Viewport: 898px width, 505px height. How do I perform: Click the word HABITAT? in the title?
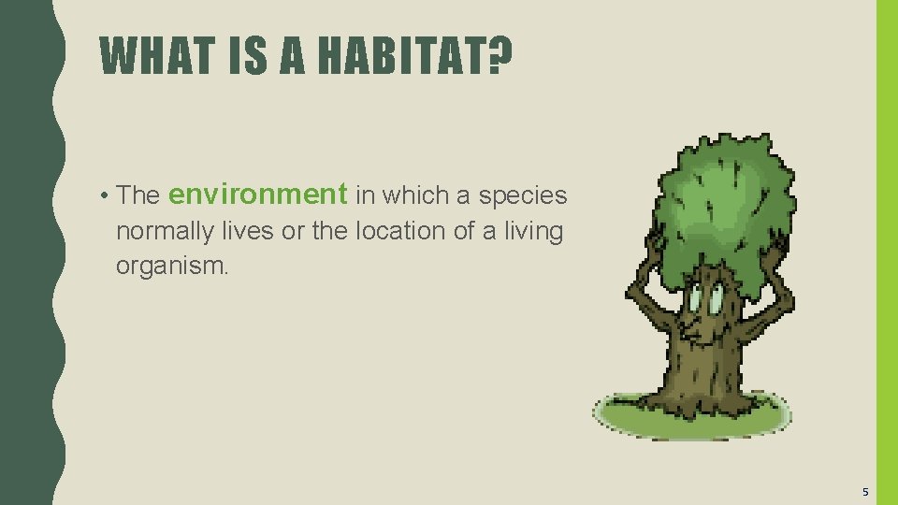coord(415,55)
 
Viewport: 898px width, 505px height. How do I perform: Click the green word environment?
coord(258,195)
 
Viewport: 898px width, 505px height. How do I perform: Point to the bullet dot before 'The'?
coord(109,195)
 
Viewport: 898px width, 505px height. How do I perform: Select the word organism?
coord(171,266)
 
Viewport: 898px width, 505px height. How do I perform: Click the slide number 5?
coord(865,492)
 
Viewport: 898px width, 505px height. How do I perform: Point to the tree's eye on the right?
coord(716,300)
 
